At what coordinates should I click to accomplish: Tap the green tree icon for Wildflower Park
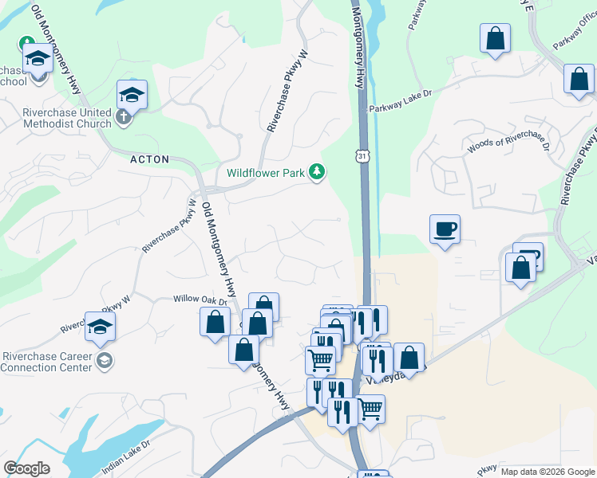coord(318,171)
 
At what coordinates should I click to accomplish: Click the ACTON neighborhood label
coord(150,159)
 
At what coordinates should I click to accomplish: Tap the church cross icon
coord(123,118)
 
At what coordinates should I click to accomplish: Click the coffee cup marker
coord(445,230)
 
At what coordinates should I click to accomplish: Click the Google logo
coord(26,468)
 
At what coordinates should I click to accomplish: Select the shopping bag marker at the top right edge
coord(579,80)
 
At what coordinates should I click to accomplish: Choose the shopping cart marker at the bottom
coord(370,409)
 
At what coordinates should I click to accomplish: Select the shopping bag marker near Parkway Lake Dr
coord(495,39)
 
